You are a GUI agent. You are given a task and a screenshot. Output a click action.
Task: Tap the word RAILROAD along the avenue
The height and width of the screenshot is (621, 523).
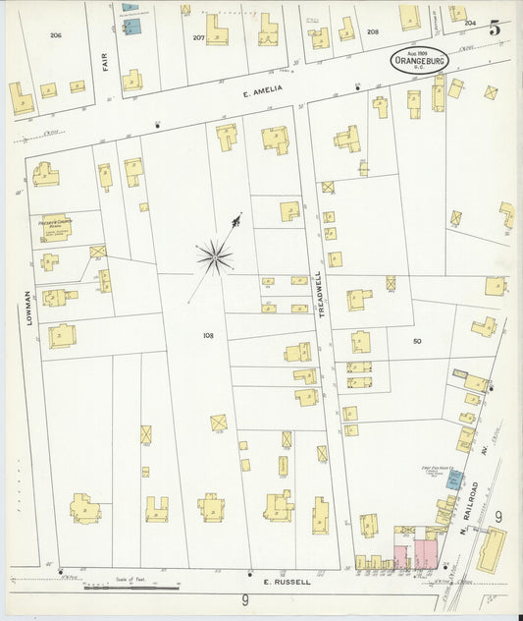click(x=474, y=502)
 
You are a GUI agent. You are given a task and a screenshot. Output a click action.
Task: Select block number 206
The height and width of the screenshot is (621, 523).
click(x=56, y=34)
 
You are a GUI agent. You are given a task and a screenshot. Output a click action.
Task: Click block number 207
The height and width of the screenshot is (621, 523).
click(x=198, y=37)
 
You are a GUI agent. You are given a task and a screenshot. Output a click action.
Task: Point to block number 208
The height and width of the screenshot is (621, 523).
click(x=372, y=31)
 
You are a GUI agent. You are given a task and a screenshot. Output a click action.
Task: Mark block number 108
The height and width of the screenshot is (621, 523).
click(x=208, y=335)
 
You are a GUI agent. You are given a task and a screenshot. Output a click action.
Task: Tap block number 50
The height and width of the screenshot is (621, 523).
click(x=416, y=340)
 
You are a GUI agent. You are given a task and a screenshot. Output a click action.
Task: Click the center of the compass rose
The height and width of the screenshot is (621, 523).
click(x=214, y=258)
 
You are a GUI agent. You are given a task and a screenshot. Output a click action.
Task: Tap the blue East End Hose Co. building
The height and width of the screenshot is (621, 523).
click(x=454, y=480)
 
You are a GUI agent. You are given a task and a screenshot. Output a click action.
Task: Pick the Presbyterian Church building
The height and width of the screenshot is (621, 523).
click(x=56, y=227)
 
